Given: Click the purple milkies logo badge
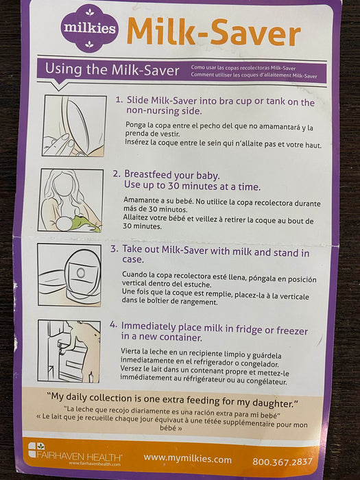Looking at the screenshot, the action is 89,28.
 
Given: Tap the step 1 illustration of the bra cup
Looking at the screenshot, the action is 74,125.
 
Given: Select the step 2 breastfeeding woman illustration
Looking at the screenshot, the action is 71,200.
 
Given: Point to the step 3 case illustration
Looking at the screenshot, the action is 69,274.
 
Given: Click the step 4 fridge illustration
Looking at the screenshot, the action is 69,351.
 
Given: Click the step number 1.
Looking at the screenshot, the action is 119,100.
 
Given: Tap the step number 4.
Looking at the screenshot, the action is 113,325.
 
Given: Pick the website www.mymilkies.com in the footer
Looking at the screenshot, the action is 187,459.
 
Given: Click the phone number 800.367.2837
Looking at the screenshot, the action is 283,461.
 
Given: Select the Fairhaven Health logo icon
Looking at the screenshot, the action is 36,449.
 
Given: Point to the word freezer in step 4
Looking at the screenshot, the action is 292,331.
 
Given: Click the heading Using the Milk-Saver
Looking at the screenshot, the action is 112,70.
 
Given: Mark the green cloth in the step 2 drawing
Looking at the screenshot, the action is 86,223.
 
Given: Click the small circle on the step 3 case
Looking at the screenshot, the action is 81,273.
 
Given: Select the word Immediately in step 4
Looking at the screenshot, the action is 149,326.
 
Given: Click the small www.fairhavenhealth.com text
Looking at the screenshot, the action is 95,464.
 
